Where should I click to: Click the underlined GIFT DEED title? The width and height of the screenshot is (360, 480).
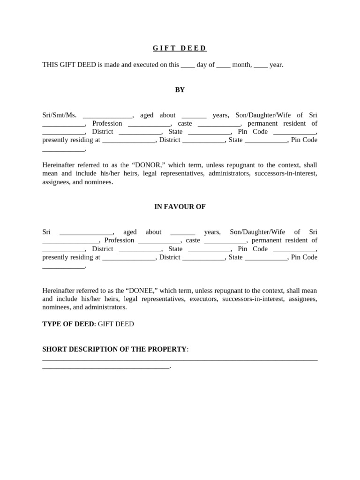[180, 48]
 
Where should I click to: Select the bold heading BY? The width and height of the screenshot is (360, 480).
[180, 90]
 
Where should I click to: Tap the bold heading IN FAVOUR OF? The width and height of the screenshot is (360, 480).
[180, 207]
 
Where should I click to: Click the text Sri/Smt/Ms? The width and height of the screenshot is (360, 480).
[59, 115]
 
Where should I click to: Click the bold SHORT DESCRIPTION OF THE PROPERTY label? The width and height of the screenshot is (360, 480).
[114, 349]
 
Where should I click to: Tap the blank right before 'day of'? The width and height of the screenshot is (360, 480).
[187, 65]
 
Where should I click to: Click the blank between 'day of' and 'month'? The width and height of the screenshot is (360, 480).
[223, 65]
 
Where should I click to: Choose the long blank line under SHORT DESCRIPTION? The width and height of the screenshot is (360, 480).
[180, 360]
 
